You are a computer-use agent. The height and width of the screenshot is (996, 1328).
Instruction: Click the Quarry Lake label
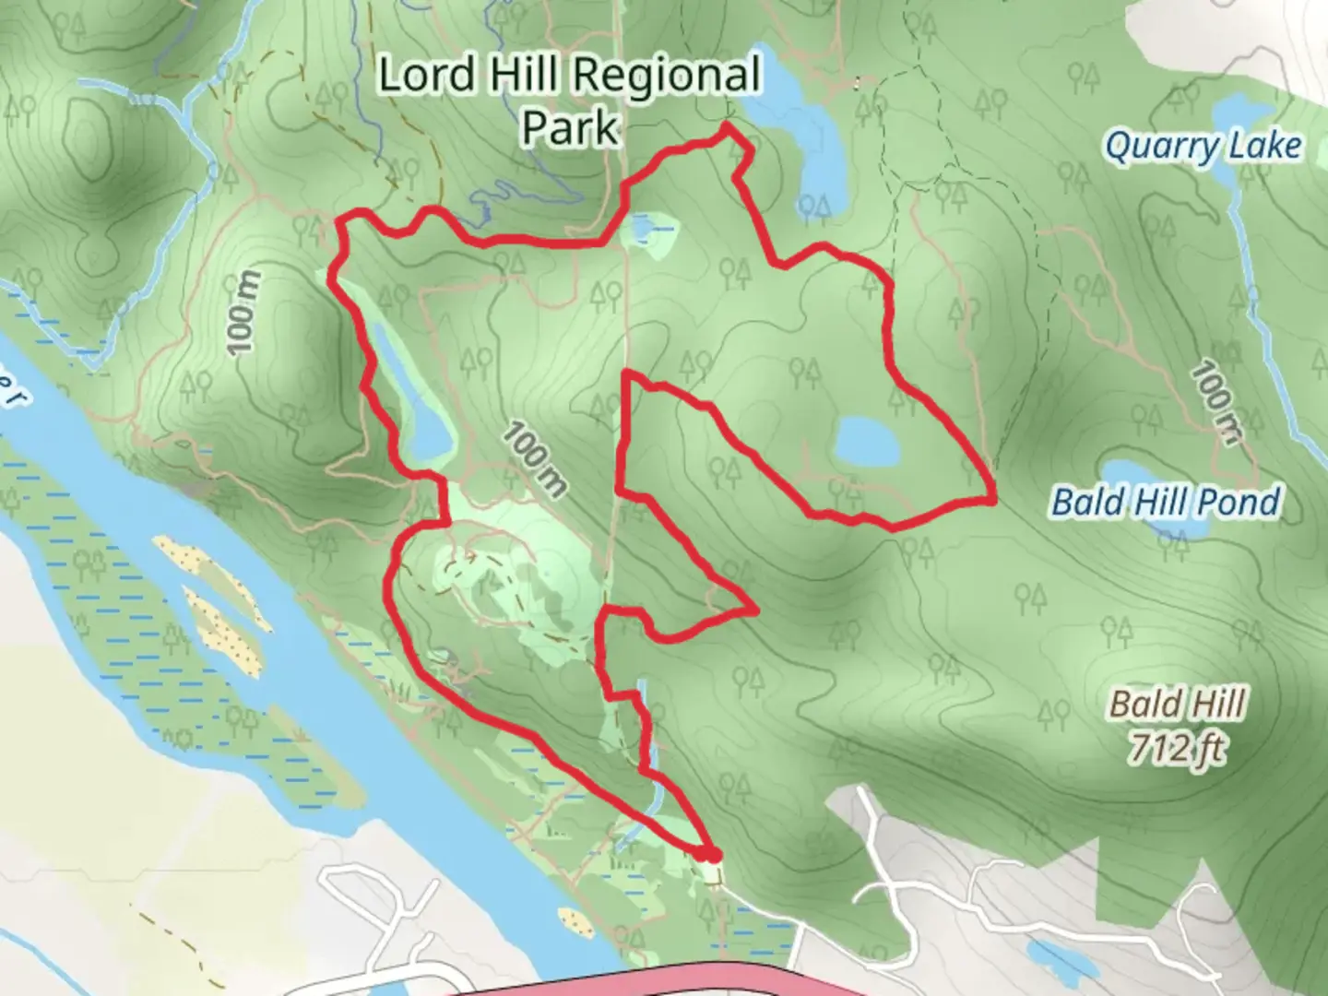pos(1203,146)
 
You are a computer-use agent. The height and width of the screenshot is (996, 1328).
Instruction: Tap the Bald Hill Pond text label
pos(1166,503)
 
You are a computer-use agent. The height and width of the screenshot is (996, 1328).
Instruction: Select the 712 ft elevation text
pos(1177,749)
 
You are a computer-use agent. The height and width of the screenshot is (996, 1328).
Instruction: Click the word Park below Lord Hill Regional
pos(569,127)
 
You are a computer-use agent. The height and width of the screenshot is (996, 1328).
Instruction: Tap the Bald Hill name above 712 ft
pos(1177,705)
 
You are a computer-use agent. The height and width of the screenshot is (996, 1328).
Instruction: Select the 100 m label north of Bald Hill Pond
pos(1215,402)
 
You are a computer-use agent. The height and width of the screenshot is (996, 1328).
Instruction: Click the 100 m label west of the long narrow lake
pos(242,313)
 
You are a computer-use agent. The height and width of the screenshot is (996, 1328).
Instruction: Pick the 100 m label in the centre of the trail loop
pos(534,458)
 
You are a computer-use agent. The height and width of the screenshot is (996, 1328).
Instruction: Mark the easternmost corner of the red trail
pos(992,499)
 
